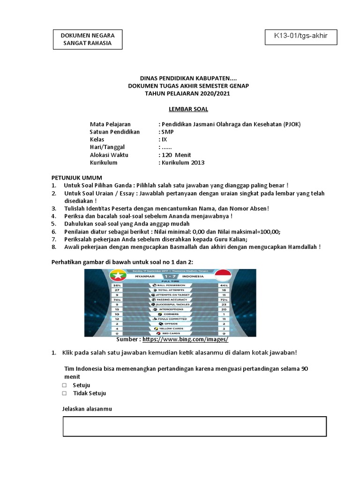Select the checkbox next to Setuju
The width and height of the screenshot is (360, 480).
tap(64, 385)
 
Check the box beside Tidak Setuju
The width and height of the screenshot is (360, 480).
tap(64, 393)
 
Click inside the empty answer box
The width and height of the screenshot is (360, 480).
tap(195, 426)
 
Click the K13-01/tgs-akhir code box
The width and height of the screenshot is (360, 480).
tap(301, 36)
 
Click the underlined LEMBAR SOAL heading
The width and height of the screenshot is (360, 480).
tap(182, 110)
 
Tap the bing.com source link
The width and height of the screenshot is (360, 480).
tap(185, 339)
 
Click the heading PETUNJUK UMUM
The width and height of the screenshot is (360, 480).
tap(73, 178)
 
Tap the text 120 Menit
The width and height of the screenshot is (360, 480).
tap(177, 155)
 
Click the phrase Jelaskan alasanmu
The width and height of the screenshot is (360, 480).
tap(87, 409)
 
